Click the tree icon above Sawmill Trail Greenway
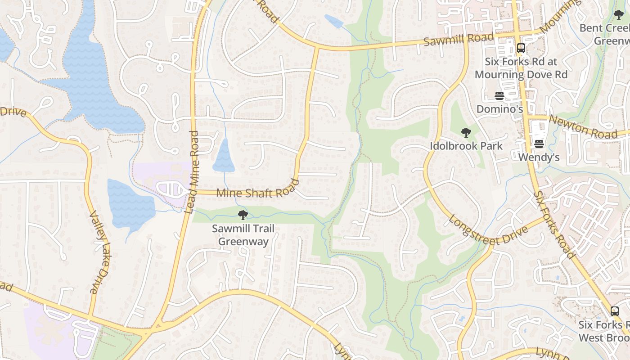(x=243, y=215)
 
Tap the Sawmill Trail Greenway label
(x=243, y=235)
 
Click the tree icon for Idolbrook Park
(x=466, y=133)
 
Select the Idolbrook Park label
(x=466, y=146)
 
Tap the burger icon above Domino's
(x=499, y=95)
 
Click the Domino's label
(x=499, y=109)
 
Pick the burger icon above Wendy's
(x=539, y=144)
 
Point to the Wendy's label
(x=539, y=157)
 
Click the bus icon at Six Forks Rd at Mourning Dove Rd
(x=521, y=48)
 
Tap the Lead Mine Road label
(x=192, y=172)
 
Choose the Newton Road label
(x=583, y=127)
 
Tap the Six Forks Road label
(x=554, y=225)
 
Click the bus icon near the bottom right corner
(x=614, y=311)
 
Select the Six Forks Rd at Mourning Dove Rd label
(x=521, y=68)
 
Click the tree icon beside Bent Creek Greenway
(x=619, y=15)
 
